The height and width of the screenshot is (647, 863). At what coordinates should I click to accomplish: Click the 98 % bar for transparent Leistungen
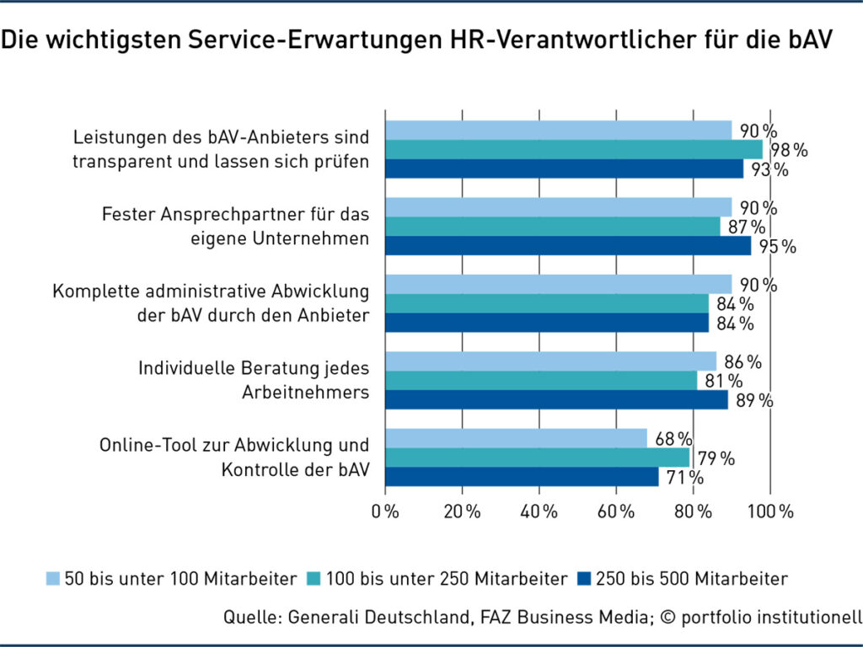point(573,150)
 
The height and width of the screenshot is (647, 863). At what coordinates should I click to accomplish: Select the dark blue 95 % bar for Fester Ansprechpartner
point(567,246)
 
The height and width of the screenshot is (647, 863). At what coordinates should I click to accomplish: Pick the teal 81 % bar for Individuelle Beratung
point(541,381)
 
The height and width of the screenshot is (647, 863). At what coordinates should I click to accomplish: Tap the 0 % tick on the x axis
point(385,511)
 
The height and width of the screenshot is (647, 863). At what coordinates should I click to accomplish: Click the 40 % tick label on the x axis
point(539,511)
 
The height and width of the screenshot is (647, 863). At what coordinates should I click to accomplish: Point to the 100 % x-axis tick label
point(770,511)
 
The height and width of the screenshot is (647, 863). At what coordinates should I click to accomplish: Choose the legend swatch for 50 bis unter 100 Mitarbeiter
point(52,579)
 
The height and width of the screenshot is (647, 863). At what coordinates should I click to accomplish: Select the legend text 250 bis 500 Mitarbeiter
point(691,579)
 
